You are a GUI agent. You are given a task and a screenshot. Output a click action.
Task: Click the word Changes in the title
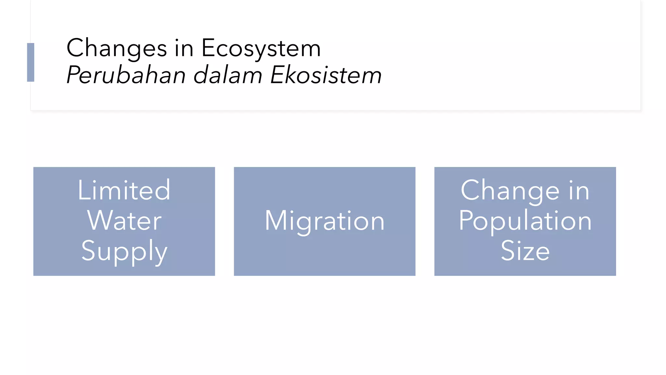click(x=116, y=49)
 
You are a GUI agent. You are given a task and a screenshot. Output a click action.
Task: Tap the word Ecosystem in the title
click(x=261, y=49)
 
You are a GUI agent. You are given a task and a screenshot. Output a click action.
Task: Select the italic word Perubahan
click(x=126, y=75)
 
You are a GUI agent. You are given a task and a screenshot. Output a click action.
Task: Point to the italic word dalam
click(x=228, y=75)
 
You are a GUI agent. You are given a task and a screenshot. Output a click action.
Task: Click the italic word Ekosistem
click(x=326, y=75)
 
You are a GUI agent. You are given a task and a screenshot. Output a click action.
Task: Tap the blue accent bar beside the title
click(x=31, y=62)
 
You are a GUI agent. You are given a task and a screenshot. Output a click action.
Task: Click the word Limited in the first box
click(x=124, y=190)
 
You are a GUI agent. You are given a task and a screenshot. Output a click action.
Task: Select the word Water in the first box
click(x=124, y=221)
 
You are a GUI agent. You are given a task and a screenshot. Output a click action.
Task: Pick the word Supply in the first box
click(x=124, y=251)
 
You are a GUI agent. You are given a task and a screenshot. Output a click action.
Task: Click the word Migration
click(x=325, y=221)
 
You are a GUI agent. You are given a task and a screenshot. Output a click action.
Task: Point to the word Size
click(x=525, y=251)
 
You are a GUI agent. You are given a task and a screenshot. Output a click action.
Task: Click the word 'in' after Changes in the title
click(x=184, y=49)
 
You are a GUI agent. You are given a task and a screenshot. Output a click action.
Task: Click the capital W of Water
click(x=100, y=220)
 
